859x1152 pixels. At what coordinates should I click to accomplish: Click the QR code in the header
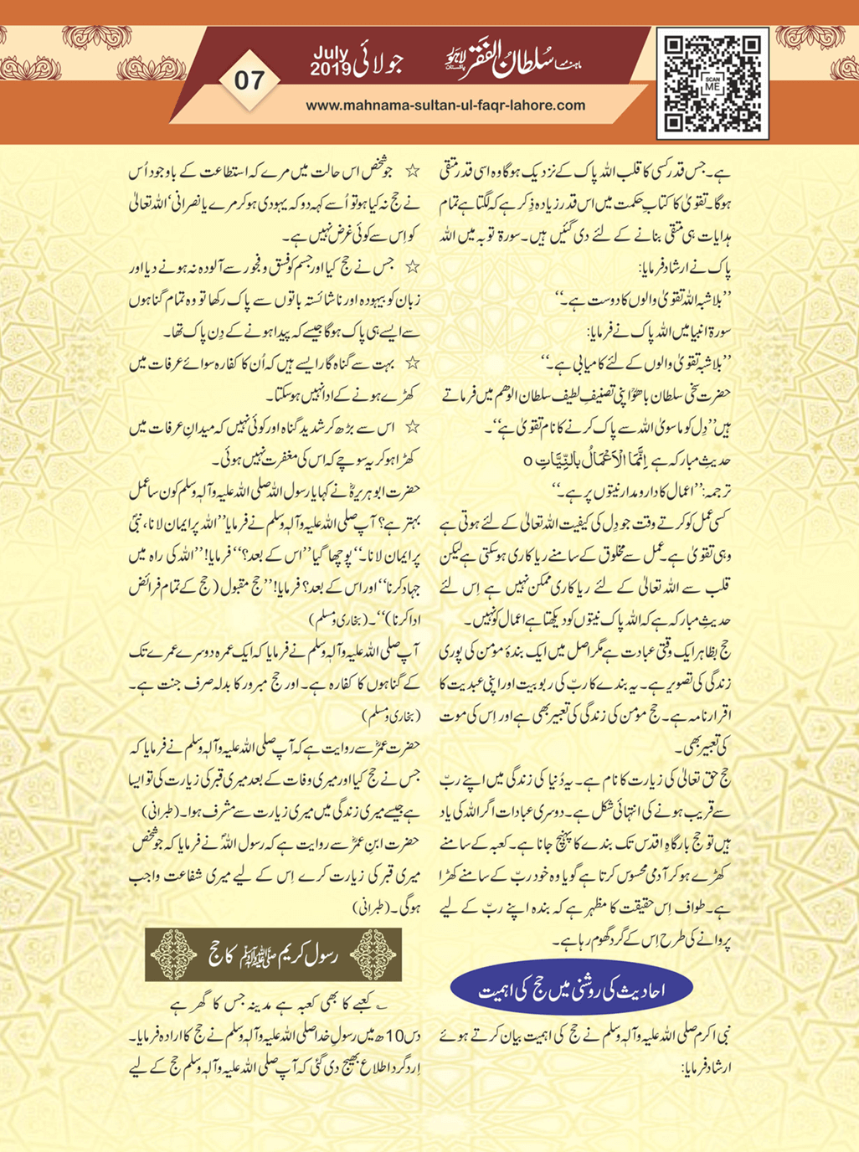tap(712, 83)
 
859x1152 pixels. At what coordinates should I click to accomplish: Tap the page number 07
tap(249, 80)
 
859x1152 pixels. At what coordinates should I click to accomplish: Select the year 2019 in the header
tap(332, 70)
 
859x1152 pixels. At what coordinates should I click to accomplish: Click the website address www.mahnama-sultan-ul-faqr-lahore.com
tap(445, 105)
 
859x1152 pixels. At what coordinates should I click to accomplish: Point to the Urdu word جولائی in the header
tap(383, 64)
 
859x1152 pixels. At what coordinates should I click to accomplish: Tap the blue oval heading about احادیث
tap(571, 990)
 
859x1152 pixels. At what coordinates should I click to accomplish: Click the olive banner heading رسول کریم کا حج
tap(273, 954)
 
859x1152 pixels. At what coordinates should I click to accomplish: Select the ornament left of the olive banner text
tap(172, 954)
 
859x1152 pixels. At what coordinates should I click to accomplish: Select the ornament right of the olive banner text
tap(374, 954)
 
